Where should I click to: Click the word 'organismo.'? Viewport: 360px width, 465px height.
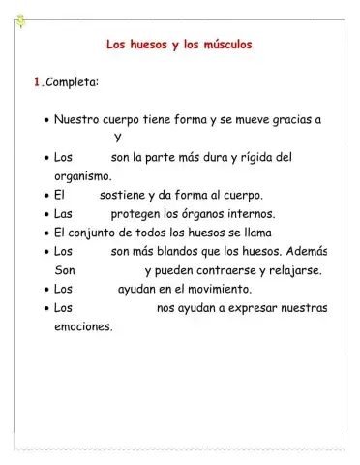83,175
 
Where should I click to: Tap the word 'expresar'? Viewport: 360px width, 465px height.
253,308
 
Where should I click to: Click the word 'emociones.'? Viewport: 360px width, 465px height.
84,326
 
